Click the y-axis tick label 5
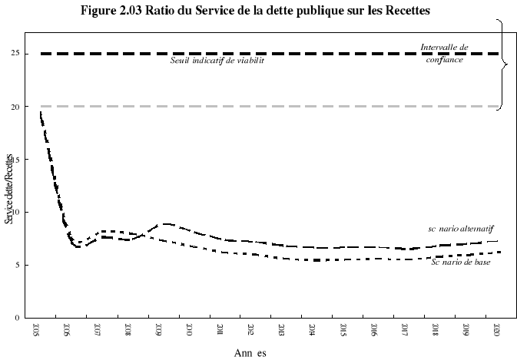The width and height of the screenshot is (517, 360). coord(16,265)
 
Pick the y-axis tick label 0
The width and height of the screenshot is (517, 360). coord(16,317)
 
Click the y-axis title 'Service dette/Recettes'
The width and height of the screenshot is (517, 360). coord(8,189)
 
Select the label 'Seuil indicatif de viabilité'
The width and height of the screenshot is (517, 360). coord(217,60)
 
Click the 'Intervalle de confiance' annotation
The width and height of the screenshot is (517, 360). coord(444,53)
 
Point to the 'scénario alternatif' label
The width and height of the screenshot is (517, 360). coord(460,229)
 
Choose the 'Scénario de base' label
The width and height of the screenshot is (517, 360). coord(460,263)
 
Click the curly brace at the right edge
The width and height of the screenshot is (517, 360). coord(503,64)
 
